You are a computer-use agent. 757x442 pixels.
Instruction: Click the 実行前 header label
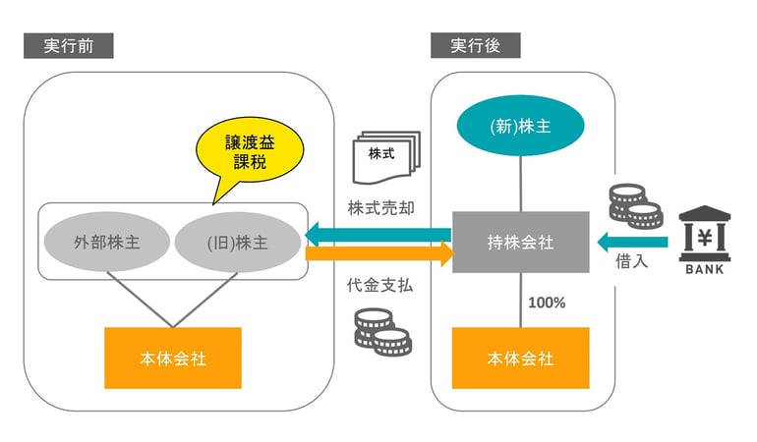(x=68, y=45)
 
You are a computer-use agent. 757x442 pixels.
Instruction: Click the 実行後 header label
(x=475, y=45)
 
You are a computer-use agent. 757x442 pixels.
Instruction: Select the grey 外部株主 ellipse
(x=106, y=242)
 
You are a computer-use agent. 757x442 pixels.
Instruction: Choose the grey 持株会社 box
(x=520, y=242)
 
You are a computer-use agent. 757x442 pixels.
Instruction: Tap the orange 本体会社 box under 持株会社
(x=520, y=358)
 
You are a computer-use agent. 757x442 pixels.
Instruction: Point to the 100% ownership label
(x=547, y=303)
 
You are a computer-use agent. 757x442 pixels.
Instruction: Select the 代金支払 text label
(x=380, y=287)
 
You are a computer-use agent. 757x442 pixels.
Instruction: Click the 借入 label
(x=630, y=262)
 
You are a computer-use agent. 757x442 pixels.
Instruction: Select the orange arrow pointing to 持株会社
(x=378, y=253)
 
